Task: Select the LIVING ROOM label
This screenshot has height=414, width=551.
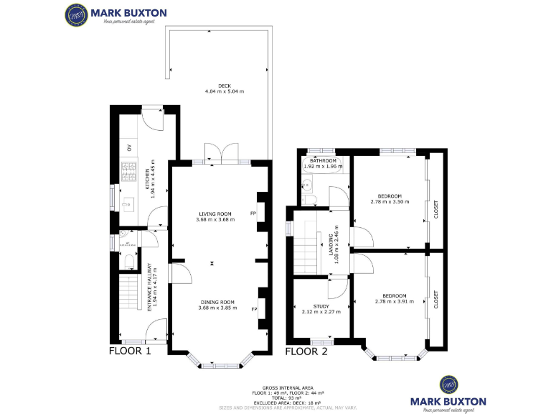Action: pyautogui.click(x=215, y=213)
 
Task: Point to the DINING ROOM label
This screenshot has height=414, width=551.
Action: pyautogui.click(x=217, y=303)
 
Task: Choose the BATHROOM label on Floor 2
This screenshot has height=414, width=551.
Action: pyautogui.click(x=319, y=161)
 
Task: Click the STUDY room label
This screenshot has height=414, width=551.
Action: pyautogui.click(x=321, y=306)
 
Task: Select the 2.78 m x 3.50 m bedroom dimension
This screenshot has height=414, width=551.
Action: pyautogui.click(x=390, y=202)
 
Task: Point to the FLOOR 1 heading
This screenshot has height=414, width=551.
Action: pyautogui.click(x=130, y=351)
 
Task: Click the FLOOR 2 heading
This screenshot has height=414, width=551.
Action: pyautogui.click(x=306, y=351)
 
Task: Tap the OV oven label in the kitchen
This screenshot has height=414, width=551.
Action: pyautogui.click(x=130, y=148)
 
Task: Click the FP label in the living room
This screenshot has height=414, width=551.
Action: pyautogui.click(x=253, y=213)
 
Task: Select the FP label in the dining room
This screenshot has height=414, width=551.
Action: pyautogui.click(x=254, y=309)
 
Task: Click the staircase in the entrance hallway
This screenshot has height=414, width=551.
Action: pyautogui.click(x=128, y=295)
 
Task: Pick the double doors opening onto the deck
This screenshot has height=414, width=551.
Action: pyautogui.click(x=221, y=153)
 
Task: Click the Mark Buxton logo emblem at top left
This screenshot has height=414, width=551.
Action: pyautogui.click(x=77, y=14)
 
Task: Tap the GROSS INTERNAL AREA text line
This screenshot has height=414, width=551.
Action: pyautogui.click(x=288, y=387)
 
